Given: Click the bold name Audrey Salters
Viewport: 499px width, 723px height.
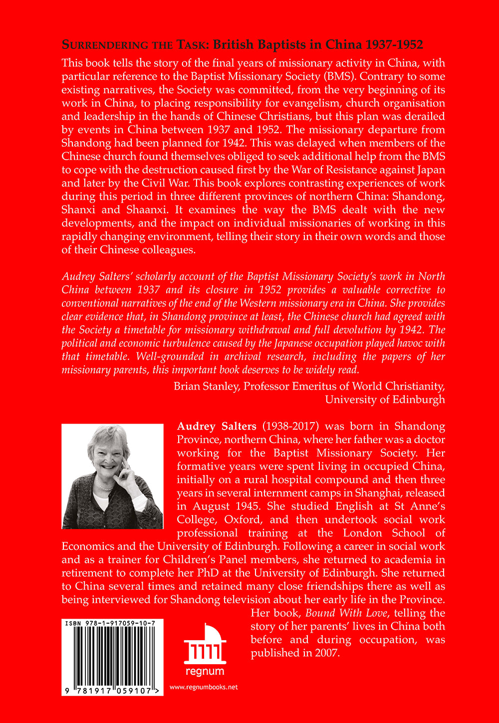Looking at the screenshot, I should click(x=217, y=427).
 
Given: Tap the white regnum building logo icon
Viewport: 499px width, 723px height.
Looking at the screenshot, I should click(x=205, y=644).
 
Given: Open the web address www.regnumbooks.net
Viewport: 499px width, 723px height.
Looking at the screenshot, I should click(x=204, y=687).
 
